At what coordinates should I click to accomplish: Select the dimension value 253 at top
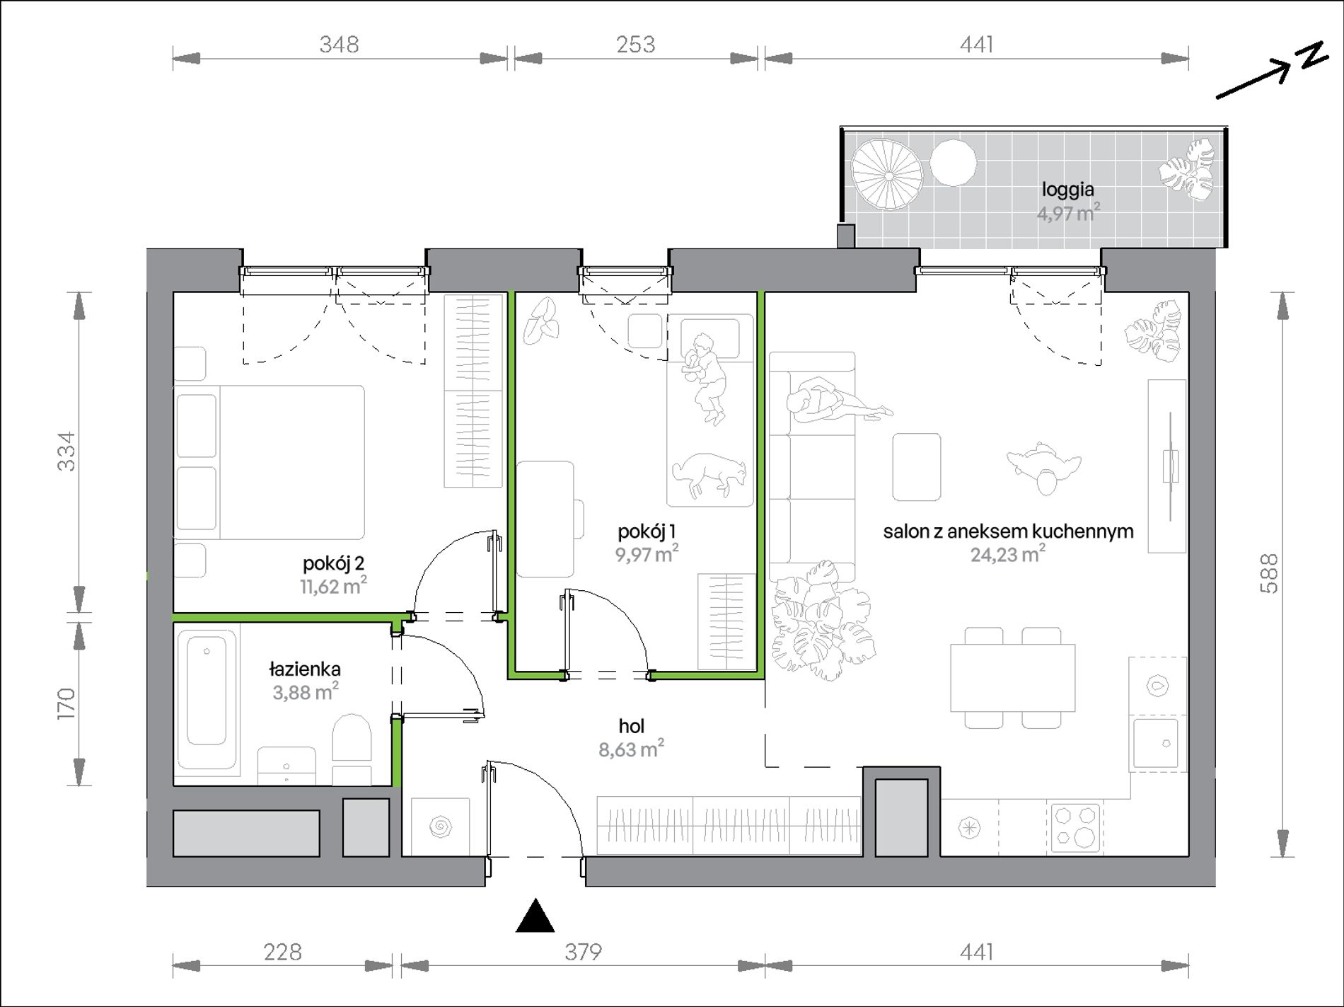(x=635, y=45)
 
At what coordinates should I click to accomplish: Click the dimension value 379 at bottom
(x=583, y=952)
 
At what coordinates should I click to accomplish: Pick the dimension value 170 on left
(x=65, y=704)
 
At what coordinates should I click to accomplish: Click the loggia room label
(x=1067, y=190)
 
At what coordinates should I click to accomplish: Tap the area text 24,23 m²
(x=1007, y=554)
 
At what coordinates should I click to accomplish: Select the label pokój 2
(x=333, y=563)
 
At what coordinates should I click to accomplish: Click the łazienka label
(x=305, y=669)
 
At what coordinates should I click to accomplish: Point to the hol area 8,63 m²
(x=631, y=749)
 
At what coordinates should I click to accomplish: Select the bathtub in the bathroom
(x=207, y=698)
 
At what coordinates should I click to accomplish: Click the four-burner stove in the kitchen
(x=1075, y=827)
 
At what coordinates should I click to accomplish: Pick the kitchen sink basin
(x=1156, y=742)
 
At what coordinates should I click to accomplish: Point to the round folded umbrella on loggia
(x=887, y=174)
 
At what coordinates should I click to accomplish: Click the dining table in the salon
(x=1013, y=677)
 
